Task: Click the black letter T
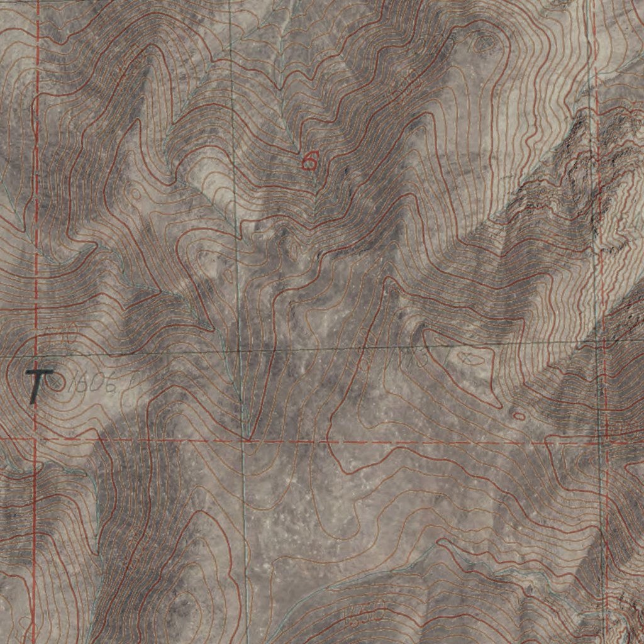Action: [38, 384]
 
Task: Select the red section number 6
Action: [309, 162]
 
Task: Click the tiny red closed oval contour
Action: [519, 416]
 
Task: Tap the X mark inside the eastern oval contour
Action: [467, 357]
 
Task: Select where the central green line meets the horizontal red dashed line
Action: [244, 440]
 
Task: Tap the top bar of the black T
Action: [40, 373]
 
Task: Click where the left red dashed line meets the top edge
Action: [38, 2]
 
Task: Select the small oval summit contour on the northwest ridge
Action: [136, 193]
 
